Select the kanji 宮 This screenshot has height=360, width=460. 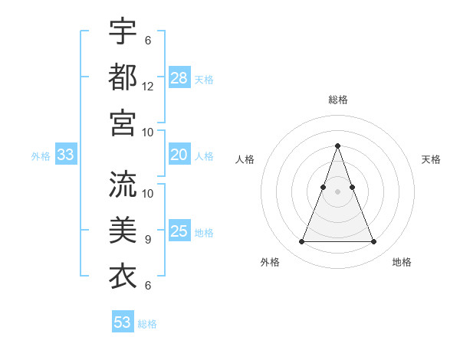tap(123, 122)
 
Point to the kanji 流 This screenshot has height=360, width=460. tap(123, 184)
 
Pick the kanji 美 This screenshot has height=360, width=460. tap(123, 230)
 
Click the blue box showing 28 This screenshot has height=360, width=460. tap(179, 77)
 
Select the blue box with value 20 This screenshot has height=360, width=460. tap(179, 155)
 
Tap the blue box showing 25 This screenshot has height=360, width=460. tap(179, 231)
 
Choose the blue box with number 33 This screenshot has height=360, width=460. tap(65, 155)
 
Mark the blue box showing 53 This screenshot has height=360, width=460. tap(123, 322)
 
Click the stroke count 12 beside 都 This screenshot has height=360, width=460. tap(148, 86)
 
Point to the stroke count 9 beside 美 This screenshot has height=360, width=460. tap(148, 239)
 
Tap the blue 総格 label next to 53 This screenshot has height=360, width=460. tap(147, 324)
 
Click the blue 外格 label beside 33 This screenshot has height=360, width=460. tap(41, 156)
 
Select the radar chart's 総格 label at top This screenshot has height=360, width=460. tap(337, 100)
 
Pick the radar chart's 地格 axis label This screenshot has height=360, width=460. tap(402, 262)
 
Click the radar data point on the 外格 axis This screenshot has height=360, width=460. tap(301, 242)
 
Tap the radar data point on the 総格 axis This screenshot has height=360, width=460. tap(337, 146)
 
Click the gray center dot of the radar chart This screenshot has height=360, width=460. tap(337, 191)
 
